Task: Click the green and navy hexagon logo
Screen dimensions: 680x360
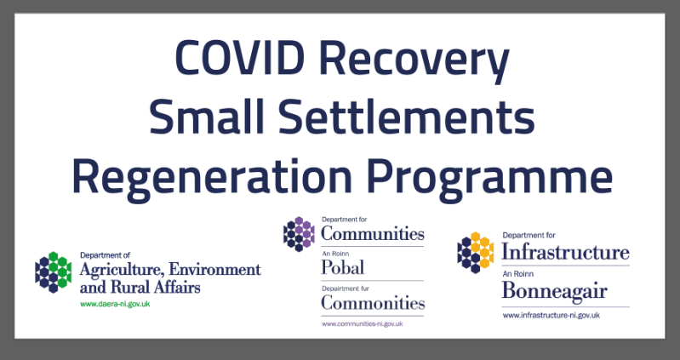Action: coord(54,272)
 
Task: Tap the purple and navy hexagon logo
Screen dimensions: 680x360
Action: coord(299,234)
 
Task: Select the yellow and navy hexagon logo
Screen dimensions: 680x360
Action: coord(475,253)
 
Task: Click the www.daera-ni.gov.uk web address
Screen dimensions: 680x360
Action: coord(115,304)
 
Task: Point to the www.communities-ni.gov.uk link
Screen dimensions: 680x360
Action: coord(362,323)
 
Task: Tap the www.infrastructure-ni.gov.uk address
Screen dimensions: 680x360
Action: coord(551,316)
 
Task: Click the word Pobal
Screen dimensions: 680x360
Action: coord(343,267)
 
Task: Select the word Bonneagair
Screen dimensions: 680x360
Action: coord(554,290)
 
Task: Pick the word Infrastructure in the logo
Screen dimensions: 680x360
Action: coord(565,252)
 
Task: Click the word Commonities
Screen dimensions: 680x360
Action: coord(373,302)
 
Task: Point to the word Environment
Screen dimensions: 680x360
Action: coord(214,269)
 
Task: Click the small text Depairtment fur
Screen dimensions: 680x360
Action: coord(346,288)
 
